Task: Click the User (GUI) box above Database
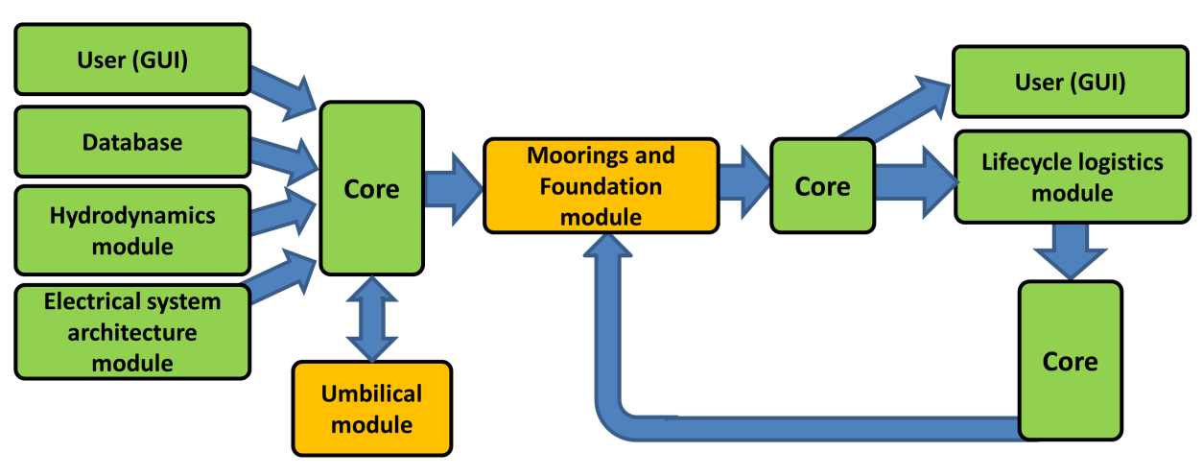coord(132,59)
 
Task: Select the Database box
coord(132,142)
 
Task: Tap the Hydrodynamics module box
coord(132,230)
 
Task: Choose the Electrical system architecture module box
coord(132,332)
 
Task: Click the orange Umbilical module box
coord(371,408)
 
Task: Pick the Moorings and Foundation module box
coord(601,186)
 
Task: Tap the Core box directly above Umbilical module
coord(371,188)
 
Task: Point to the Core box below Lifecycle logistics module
coord(1069,361)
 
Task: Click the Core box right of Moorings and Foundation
coord(822,185)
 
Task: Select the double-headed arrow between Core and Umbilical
coord(371,318)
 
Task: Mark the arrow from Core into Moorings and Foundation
coord(453,187)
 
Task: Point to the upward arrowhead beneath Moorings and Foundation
coord(608,253)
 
